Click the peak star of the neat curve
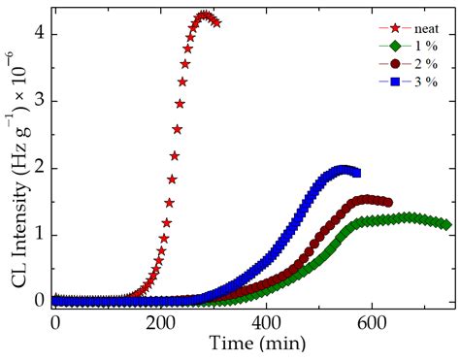204,16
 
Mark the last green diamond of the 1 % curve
445,224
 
